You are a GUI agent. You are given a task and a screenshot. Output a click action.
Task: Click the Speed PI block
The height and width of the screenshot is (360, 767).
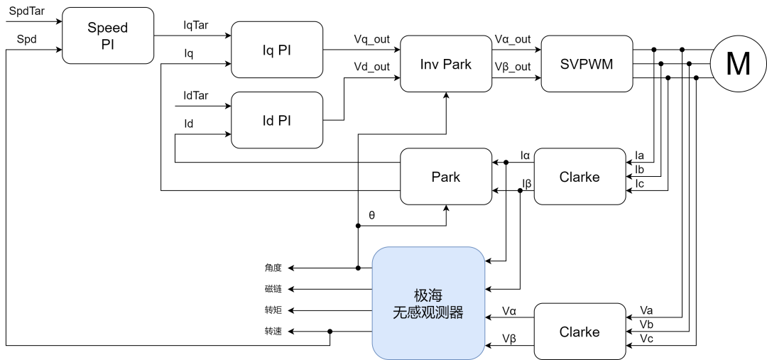click(108, 36)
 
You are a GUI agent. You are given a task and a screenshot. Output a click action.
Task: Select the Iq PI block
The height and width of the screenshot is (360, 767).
click(277, 50)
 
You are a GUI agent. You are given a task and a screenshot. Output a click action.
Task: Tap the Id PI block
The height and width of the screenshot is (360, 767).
click(277, 120)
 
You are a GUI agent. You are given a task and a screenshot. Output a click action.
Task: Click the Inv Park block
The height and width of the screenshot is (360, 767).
click(446, 63)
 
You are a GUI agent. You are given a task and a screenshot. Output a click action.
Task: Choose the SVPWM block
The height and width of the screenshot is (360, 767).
click(587, 63)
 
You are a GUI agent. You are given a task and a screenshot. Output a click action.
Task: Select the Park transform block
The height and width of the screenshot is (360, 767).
click(446, 177)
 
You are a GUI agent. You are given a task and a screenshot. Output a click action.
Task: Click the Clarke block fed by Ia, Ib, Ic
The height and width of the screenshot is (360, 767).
click(580, 177)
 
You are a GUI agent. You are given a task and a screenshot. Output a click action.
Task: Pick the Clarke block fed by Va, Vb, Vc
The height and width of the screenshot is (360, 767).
click(580, 332)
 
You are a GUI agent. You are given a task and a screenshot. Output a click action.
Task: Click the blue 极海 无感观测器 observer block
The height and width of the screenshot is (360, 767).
click(428, 303)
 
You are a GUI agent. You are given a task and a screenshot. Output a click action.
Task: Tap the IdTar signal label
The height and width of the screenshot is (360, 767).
click(196, 95)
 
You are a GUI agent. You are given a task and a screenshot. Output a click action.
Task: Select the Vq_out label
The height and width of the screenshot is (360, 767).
click(371, 39)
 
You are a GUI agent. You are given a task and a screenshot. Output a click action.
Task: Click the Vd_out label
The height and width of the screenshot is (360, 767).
click(371, 66)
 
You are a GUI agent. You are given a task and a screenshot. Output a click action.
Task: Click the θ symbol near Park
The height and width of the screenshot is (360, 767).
click(371, 214)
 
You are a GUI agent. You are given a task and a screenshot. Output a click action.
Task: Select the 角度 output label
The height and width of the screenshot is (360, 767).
click(273, 268)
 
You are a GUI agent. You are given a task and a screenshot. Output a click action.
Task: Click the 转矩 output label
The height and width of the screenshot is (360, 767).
click(273, 311)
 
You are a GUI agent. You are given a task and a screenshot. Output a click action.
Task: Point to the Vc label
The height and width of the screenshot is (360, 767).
click(646, 337)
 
